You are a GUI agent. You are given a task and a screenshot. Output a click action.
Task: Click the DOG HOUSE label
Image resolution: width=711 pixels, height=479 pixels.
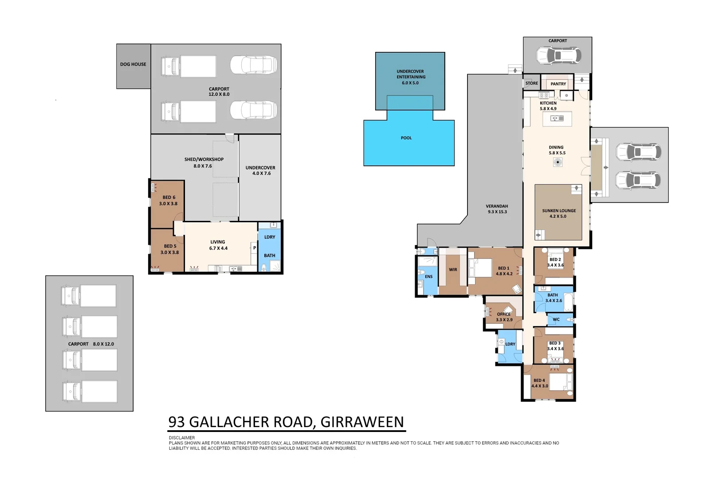133,64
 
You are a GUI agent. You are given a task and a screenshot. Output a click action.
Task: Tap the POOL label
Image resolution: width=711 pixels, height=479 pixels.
406,138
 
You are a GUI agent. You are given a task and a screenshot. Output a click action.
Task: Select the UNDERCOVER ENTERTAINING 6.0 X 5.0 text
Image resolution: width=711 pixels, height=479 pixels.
410,77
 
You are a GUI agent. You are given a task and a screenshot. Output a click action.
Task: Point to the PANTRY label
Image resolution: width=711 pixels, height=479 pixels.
558,84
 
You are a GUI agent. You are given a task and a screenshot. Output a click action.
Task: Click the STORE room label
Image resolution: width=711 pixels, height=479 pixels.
531,83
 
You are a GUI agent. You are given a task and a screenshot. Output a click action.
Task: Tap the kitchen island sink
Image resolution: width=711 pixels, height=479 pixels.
557,118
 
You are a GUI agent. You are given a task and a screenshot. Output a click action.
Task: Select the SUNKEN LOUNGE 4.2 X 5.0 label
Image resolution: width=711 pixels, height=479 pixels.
559,213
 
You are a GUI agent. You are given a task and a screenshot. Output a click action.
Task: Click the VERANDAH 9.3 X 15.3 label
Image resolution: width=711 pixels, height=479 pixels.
496,209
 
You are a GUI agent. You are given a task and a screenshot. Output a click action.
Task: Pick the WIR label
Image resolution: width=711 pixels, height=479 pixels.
453,270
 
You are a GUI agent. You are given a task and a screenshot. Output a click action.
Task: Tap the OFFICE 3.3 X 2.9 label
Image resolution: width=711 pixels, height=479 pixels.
504,317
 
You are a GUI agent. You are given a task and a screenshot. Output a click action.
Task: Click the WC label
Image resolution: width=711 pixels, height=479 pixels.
556,319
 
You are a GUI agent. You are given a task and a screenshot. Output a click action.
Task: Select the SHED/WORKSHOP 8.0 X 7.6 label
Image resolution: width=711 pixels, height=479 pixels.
204,162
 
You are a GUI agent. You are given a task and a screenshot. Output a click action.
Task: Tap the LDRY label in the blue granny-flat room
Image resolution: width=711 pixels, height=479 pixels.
270,237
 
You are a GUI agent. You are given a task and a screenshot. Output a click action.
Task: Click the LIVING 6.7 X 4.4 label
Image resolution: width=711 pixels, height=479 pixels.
218,245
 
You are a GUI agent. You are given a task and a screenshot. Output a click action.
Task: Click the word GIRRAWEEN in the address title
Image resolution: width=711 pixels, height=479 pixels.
362,422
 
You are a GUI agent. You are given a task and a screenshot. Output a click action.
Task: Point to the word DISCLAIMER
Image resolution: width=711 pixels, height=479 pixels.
182,438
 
